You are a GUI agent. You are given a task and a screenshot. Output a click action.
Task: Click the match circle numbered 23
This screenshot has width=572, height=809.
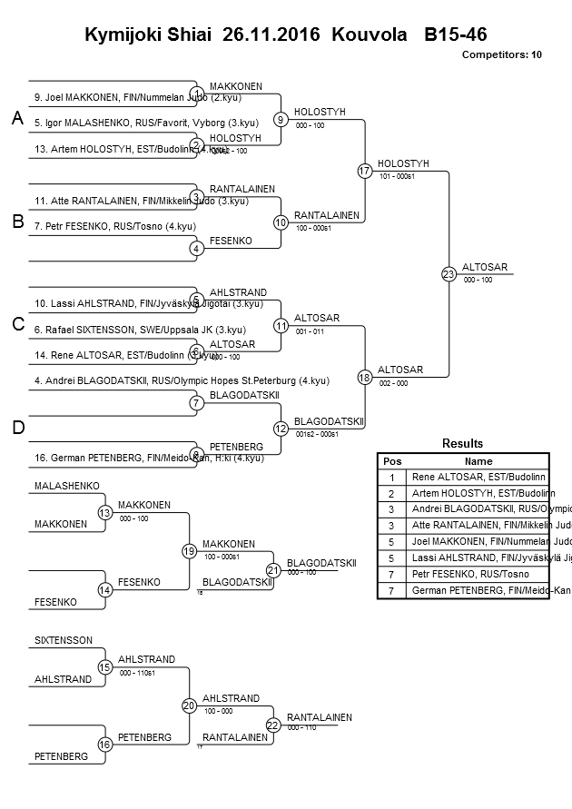tap(448, 273)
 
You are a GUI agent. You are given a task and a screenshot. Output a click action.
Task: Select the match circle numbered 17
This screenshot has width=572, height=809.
tap(364, 171)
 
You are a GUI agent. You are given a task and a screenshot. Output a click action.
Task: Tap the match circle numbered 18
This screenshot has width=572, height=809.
tap(364, 377)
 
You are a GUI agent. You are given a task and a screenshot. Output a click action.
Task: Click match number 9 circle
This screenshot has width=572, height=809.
tap(281, 119)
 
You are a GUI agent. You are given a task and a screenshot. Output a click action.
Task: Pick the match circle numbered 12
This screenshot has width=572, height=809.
tap(281, 428)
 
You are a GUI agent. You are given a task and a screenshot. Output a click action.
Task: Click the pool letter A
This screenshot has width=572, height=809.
tap(17, 119)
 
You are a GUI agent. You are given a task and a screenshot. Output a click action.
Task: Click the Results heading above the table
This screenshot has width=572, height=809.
tap(462, 443)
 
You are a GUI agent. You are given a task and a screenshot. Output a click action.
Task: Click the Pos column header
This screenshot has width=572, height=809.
tap(391, 461)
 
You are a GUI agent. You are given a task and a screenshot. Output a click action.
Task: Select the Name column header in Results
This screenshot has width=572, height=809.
tap(478, 461)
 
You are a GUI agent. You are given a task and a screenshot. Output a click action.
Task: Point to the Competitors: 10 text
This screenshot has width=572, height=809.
tap(501, 54)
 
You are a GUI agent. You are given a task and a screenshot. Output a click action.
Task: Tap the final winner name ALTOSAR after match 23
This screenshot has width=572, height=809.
tap(484, 267)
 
